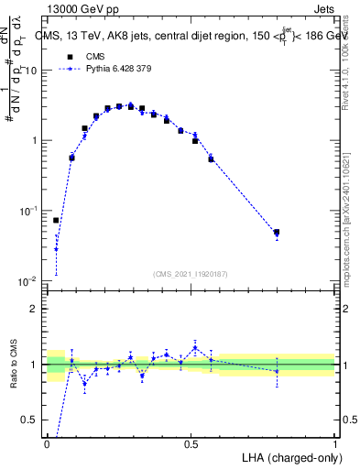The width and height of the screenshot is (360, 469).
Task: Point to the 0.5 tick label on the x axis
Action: pyautogui.click(x=191, y=443)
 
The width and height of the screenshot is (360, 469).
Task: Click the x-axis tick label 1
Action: pyautogui.click(x=334, y=443)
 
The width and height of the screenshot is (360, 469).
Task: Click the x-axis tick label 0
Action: pyautogui.click(x=48, y=443)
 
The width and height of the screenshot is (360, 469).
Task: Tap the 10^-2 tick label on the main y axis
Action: pyautogui.click(x=27, y=279)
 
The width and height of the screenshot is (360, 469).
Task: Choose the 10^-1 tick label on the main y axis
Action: pyautogui.click(x=27, y=210)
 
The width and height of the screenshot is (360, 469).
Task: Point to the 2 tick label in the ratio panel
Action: pyautogui.click(x=35, y=309)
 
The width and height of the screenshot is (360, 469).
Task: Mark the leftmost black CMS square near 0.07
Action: pyautogui.click(x=56, y=220)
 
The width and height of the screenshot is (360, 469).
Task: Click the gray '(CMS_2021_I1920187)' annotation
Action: pyautogui.click(x=191, y=273)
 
